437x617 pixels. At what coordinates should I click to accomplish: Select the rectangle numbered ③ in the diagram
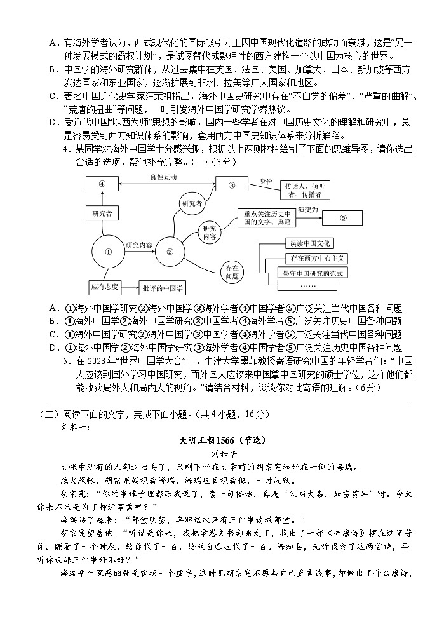pyautogui.click(x=232, y=184)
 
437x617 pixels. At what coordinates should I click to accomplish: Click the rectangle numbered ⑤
pyautogui.click(x=343, y=217)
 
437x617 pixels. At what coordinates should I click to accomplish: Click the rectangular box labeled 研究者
pyautogui.click(x=102, y=214)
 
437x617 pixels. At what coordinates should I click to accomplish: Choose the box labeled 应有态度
pyautogui.click(x=104, y=287)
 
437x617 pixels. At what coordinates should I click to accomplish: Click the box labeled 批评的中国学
pyautogui.click(x=163, y=288)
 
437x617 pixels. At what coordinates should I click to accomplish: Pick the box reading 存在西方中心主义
pyautogui.click(x=316, y=259)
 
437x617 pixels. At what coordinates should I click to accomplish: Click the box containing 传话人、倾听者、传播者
pyautogui.click(x=306, y=191)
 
